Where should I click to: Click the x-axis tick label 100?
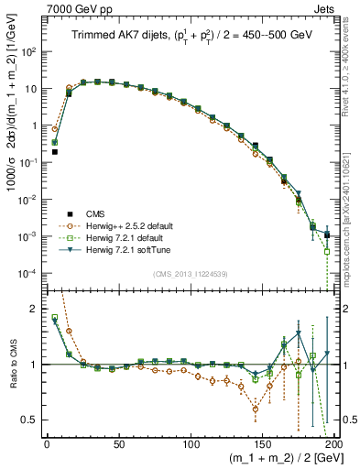(x=191, y=442)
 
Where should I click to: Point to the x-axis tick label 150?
(x=263, y=442)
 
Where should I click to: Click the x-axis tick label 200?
(x=333, y=442)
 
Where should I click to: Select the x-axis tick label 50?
(x=119, y=442)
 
